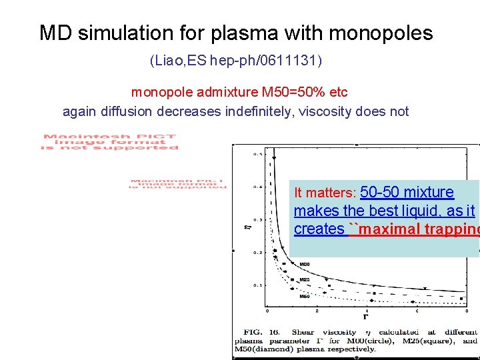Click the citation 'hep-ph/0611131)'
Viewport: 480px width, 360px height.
point(266,61)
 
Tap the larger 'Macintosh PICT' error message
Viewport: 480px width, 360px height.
point(110,141)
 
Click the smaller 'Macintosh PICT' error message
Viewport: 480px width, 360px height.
point(178,184)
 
